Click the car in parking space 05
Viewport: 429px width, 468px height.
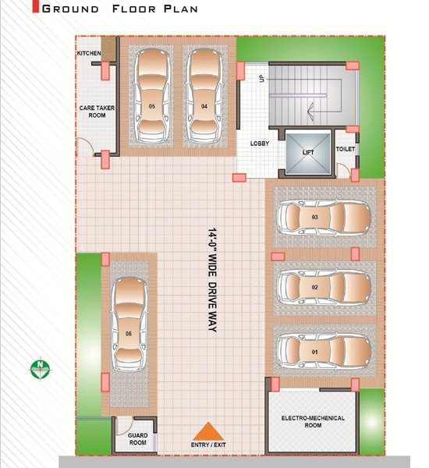[x=152, y=95]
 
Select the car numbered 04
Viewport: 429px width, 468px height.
[x=204, y=95]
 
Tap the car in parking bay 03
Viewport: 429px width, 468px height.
[x=324, y=218]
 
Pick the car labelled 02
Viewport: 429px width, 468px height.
[x=324, y=287]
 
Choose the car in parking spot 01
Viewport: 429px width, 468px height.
[x=324, y=352]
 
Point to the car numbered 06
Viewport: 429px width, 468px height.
[x=129, y=324]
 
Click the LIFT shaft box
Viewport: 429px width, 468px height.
[x=308, y=153]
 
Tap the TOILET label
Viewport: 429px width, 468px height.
[x=346, y=149]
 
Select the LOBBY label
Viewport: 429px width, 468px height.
[x=260, y=144]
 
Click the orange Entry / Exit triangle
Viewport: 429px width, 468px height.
[x=207, y=431]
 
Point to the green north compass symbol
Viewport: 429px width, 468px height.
[x=41, y=369]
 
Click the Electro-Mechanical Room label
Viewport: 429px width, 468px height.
[x=313, y=421]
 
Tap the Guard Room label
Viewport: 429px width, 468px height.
[x=137, y=438]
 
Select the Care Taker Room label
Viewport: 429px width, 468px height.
[x=97, y=112]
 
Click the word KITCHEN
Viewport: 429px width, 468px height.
[x=89, y=53]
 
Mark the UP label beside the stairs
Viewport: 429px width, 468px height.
[x=262, y=79]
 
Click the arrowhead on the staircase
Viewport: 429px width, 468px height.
[x=310, y=112]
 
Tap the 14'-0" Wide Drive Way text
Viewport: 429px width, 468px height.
[x=212, y=280]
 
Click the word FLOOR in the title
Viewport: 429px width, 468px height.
[x=134, y=9]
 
